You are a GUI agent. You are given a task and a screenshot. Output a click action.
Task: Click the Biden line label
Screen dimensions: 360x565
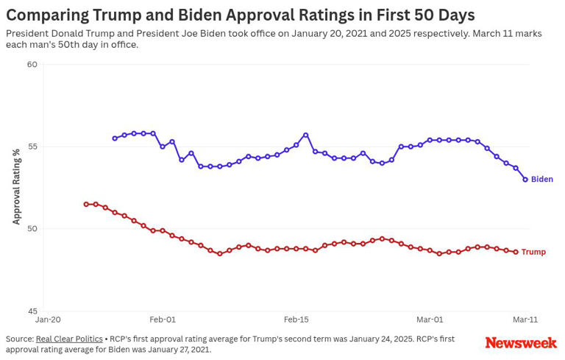point(541,180)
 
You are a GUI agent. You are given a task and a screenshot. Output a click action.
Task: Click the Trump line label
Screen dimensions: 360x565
point(533,252)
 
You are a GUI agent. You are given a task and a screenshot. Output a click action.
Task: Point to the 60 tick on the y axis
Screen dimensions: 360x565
point(32,65)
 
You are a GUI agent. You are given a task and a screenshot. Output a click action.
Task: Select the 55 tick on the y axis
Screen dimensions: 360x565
point(32,147)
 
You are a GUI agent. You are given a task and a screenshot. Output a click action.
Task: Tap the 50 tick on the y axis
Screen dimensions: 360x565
point(32,229)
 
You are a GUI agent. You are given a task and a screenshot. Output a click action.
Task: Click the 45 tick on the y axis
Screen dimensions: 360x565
point(32,311)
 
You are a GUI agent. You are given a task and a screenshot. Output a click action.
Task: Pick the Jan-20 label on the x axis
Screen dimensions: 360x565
point(48,320)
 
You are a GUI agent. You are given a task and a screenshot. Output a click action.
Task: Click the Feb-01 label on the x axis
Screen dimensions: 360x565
point(163,320)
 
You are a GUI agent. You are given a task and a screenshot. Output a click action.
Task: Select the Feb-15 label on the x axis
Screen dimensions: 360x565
point(296,320)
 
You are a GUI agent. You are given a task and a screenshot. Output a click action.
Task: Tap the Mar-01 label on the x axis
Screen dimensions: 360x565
point(430,320)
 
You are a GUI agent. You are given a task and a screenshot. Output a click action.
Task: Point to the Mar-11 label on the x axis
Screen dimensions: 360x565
point(525,320)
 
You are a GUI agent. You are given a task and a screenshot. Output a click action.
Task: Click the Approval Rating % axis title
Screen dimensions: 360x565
point(16,186)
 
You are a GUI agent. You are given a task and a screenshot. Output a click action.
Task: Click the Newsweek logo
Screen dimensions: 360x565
point(521,343)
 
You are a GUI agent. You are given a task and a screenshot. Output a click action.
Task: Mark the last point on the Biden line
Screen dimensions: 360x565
point(525,179)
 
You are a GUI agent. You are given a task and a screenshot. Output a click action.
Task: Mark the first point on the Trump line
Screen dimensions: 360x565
point(86,204)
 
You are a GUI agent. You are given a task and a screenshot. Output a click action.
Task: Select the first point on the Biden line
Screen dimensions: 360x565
point(115,138)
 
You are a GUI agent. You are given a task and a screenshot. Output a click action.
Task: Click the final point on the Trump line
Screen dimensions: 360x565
point(516,252)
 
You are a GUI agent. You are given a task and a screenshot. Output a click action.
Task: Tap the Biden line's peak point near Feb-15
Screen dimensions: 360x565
point(305,135)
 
